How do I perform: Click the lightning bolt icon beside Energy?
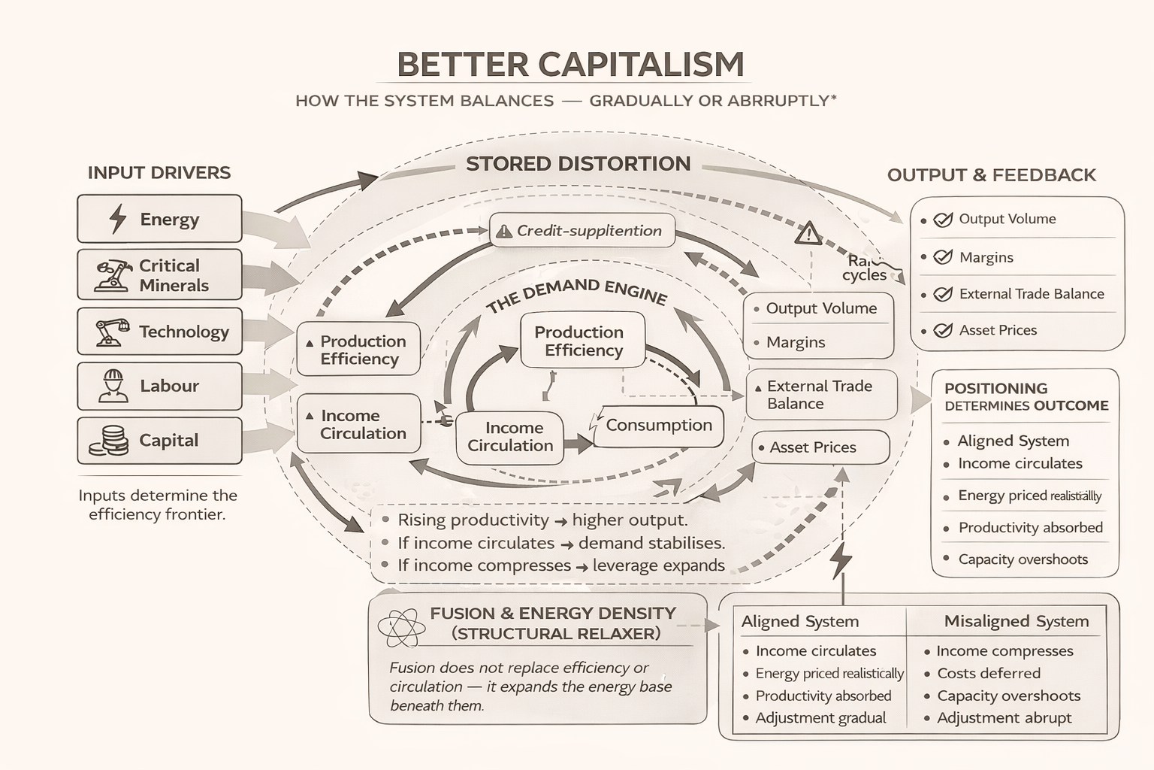coord(118,219)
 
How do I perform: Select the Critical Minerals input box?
coord(159,275)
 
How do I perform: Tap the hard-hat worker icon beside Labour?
coord(113,386)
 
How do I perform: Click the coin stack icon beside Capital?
coord(109,441)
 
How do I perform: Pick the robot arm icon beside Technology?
coord(112,332)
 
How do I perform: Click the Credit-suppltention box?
coord(582,231)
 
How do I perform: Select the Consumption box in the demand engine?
coord(658,426)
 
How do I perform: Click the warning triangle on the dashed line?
coord(808,234)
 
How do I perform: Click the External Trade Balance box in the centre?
coord(821,395)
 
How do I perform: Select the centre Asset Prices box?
coord(820,447)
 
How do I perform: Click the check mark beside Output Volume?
coord(943,220)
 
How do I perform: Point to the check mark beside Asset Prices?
coord(943,330)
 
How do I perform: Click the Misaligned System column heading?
coord(1016,621)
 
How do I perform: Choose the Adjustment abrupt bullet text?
coord(1004,718)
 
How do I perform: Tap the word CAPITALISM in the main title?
coord(642,65)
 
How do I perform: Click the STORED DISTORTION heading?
coord(578,164)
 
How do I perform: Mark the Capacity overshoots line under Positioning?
coord(1023,559)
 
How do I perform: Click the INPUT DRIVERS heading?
coord(159,173)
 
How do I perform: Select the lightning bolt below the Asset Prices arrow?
coord(841,559)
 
